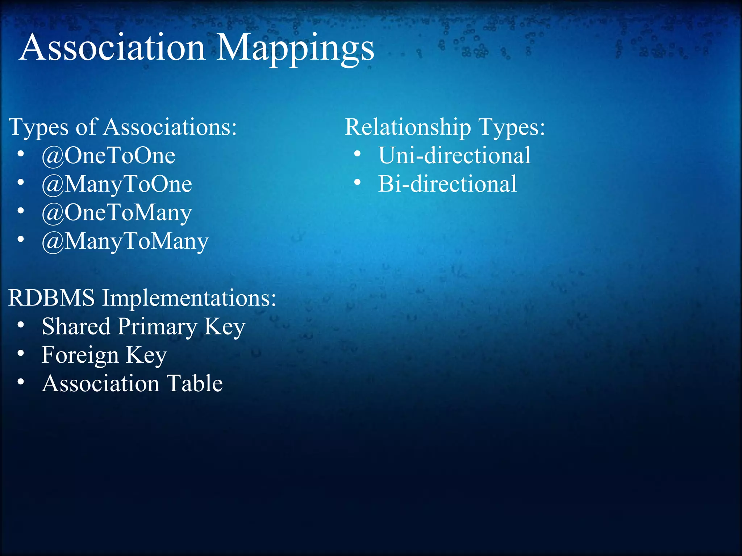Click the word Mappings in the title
click(x=295, y=49)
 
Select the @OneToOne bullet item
click(x=108, y=156)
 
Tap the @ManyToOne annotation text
click(x=117, y=184)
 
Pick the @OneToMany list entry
click(x=117, y=213)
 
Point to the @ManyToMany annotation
click(x=125, y=241)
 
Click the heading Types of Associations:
click(x=122, y=127)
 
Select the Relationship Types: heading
click(x=445, y=127)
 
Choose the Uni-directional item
click(x=454, y=156)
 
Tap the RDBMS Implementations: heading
click(x=142, y=298)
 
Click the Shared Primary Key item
click(x=143, y=327)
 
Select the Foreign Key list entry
click(x=104, y=355)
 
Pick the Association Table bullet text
click(x=132, y=383)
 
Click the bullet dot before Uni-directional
click(x=357, y=154)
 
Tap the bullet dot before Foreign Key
click(x=21, y=353)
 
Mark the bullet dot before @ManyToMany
click(x=21, y=239)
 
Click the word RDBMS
click(x=51, y=298)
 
